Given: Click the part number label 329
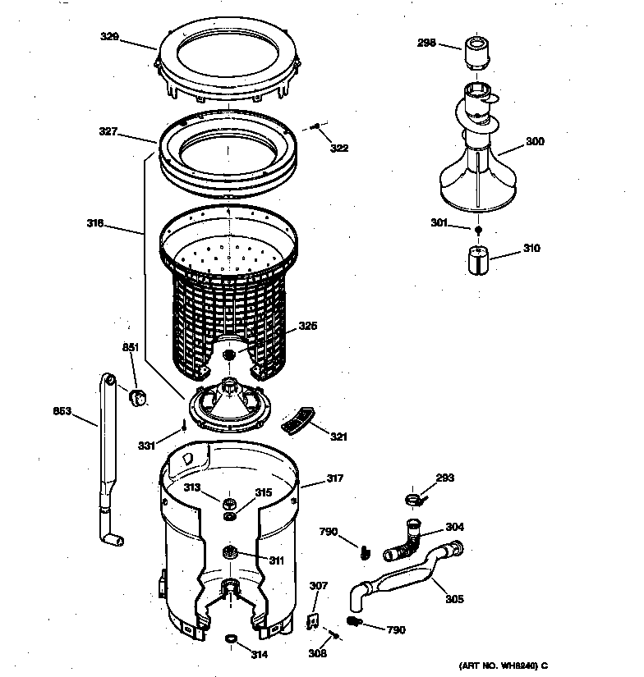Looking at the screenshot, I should pos(109,36).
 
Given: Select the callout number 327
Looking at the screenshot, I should pos(108,130).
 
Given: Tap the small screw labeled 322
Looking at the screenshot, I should pos(315,126).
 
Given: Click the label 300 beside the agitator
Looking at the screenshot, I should pos(534,141).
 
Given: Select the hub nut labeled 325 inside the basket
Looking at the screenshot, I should pos(229,354).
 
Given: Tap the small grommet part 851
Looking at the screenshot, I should pos(138,397).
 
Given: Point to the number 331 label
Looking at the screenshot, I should pos(145,446).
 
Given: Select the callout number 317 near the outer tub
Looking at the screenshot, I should pos(333,478).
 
